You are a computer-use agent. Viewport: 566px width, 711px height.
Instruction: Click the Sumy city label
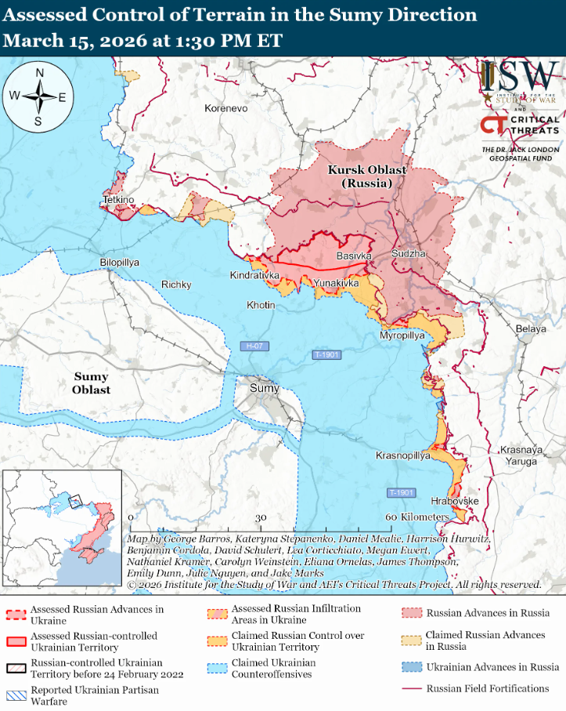pyautogui.click(x=263, y=388)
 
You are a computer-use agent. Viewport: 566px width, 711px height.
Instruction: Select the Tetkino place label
pyautogui.click(x=118, y=201)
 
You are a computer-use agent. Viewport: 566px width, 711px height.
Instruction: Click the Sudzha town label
pyautogui.click(x=409, y=255)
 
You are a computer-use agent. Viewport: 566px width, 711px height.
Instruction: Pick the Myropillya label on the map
pyautogui.click(x=402, y=336)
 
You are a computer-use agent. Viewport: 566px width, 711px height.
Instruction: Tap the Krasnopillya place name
pyautogui.click(x=403, y=455)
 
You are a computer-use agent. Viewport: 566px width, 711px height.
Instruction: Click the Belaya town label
pyautogui.click(x=531, y=329)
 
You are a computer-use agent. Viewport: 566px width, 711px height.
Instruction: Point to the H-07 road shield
pyautogui.click(x=253, y=346)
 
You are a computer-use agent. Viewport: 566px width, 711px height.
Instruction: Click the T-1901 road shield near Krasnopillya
pyautogui.click(x=401, y=492)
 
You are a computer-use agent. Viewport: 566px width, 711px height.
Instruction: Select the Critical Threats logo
pyautogui.click(x=520, y=125)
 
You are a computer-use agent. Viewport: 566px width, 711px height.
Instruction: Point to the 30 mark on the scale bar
pyautogui.click(x=261, y=517)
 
